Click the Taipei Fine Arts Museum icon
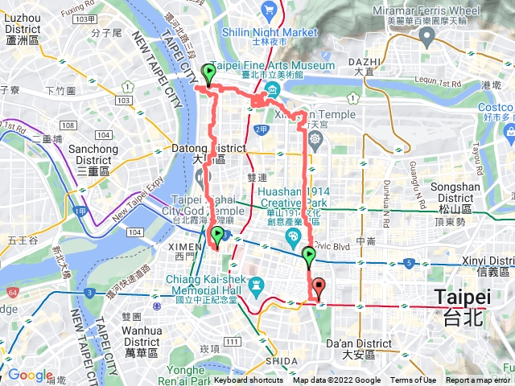[x=273, y=88]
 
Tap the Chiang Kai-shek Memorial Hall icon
[x=256, y=285]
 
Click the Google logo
[x=29, y=376]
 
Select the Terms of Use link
[x=414, y=380]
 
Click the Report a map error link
[x=478, y=380]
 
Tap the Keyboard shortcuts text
[x=248, y=380]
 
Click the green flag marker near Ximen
[x=216, y=235]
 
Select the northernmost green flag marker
[x=209, y=74]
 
